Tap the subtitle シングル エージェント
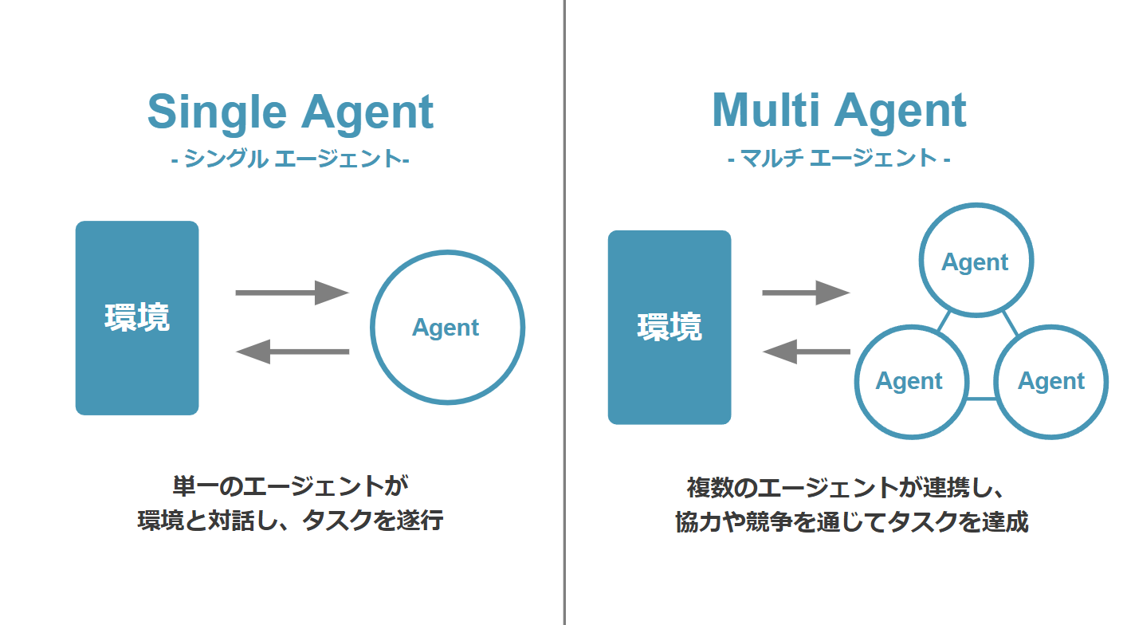coord(290,159)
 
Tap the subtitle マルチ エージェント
coord(838,158)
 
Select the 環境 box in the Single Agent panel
coord(137,318)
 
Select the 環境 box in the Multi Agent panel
coord(670,327)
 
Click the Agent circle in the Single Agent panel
coord(447,328)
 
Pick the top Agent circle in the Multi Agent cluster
coord(976,261)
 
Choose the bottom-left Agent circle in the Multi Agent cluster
coord(910,381)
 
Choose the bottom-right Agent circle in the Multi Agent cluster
coord(1051,381)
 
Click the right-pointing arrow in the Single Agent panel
coord(292,293)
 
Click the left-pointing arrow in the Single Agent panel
coord(293,352)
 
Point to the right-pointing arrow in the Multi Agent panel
coord(806,293)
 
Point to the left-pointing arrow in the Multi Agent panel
coord(806,352)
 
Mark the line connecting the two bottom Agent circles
coord(982,399)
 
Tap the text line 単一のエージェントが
coord(290,485)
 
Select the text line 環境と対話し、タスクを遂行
coord(290,521)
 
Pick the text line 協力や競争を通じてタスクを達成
coord(850,522)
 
